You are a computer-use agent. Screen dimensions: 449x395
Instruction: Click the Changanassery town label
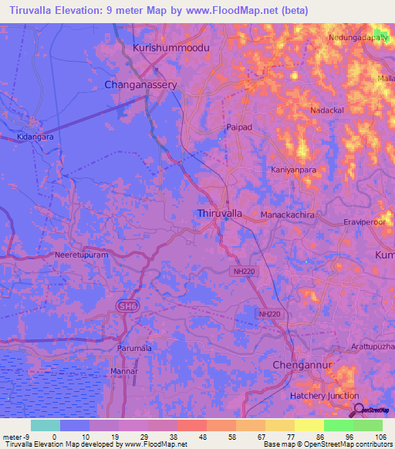coord(141,84)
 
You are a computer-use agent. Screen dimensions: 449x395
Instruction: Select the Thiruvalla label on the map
coord(221,212)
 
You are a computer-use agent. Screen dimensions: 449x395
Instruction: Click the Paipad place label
coord(238,127)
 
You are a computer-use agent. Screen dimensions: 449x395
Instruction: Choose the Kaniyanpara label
coord(294,169)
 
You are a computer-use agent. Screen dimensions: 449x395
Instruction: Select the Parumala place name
coord(134,349)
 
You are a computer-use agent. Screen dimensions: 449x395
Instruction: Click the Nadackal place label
coord(327,111)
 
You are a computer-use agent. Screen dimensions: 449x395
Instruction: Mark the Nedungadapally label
coord(357,36)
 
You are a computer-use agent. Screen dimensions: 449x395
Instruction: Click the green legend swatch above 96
coord(338,425)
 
